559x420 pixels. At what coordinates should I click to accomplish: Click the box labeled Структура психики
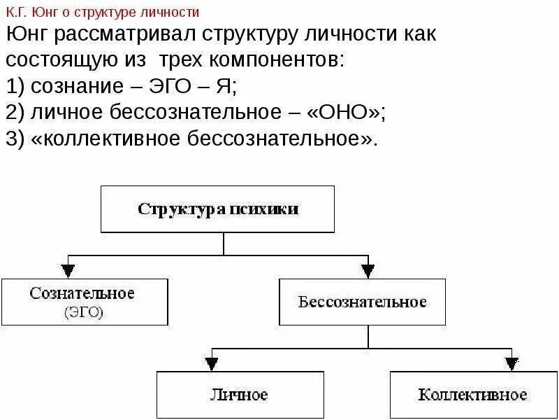click(217, 209)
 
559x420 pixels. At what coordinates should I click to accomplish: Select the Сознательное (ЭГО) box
click(84, 302)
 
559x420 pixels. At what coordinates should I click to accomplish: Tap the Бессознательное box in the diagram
click(362, 302)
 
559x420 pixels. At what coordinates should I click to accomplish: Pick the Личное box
click(239, 395)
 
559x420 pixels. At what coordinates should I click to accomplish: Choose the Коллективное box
click(472, 395)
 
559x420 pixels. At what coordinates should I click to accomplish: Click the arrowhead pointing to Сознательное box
click(68, 270)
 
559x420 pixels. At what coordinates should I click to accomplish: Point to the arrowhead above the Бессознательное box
click(368, 270)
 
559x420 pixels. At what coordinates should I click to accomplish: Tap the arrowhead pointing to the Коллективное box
click(512, 363)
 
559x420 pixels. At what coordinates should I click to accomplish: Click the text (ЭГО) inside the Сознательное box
click(83, 313)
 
